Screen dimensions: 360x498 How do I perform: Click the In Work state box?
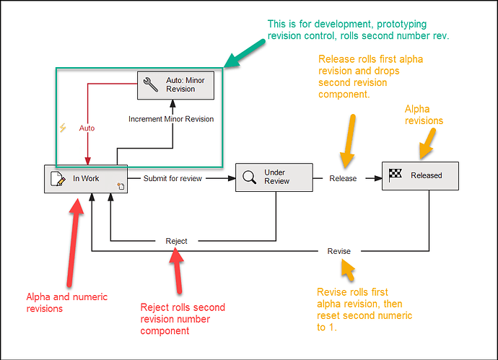[85, 178]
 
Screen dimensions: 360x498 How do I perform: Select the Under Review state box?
[274, 177]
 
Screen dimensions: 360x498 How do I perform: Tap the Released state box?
[420, 175]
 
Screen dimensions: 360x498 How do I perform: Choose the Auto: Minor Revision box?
[175, 85]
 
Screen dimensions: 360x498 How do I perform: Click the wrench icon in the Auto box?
[151, 85]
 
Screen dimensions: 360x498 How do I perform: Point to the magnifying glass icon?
[250, 177]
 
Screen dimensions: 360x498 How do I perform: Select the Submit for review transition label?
[172, 178]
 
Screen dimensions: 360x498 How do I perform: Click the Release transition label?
[343, 178]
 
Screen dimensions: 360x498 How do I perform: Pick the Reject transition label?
[176, 241]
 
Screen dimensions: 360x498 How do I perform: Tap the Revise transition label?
[339, 251]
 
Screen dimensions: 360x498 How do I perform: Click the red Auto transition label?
[87, 128]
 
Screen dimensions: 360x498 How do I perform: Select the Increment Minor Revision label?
[171, 118]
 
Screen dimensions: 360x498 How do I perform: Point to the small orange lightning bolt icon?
[63, 128]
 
